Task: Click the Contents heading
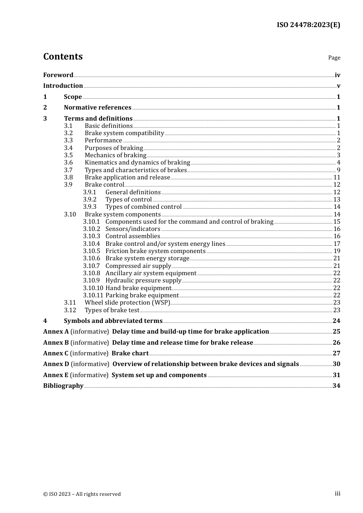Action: coord(63,56)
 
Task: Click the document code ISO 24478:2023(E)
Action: coord(308,25)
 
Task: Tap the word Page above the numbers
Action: coord(334,58)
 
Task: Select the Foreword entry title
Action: coord(58,75)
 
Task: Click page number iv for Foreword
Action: coord(337,75)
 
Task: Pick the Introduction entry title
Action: coord(63,86)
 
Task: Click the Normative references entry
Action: coord(97,108)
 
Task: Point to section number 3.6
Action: coord(68,163)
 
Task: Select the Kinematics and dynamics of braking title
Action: coord(137,163)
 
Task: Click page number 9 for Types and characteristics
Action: coord(338,170)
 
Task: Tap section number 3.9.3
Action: coord(90,207)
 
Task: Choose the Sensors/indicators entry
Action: coord(133,229)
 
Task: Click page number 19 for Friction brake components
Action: coord(337,251)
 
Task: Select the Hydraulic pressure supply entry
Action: coord(143,281)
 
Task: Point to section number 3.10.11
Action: coord(93,295)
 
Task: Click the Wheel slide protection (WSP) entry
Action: coord(127,303)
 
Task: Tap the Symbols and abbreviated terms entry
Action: coord(113,321)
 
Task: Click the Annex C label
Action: coord(56,353)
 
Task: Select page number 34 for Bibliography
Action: coord(336,386)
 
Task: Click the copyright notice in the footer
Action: coord(82,494)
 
